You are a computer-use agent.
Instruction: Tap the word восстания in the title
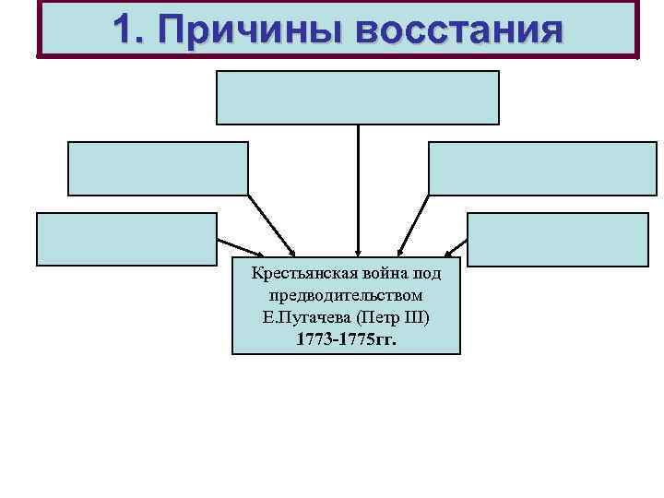pyautogui.click(x=457, y=30)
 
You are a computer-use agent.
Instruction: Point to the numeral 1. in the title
pyautogui.click(x=129, y=30)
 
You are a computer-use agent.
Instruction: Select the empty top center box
pyautogui.click(x=357, y=97)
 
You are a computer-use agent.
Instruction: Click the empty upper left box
pyautogui.click(x=157, y=168)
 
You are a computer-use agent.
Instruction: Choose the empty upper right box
pyautogui.click(x=542, y=168)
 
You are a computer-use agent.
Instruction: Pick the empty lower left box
pyautogui.click(x=126, y=239)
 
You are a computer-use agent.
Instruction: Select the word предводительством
pyautogui.click(x=346, y=296)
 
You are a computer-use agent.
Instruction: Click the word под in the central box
pyautogui.click(x=426, y=274)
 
